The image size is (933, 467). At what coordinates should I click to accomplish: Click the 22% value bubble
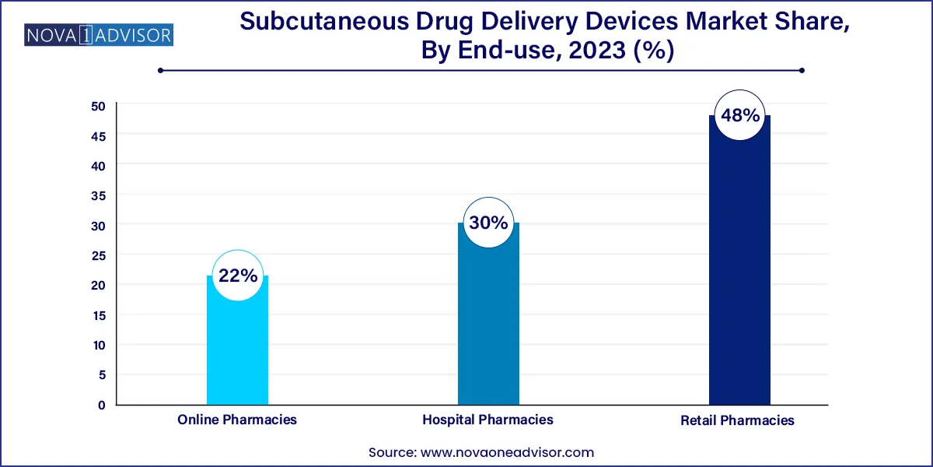[x=237, y=275]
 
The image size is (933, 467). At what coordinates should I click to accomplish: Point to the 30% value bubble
[x=488, y=223]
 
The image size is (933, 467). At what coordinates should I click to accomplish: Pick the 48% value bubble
[x=739, y=116]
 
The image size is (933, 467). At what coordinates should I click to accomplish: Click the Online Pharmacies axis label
[x=237, y=420]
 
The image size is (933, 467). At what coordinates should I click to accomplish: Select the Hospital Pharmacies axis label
[x=488, y=420]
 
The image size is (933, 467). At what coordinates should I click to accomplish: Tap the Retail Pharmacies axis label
[x=738, y=420]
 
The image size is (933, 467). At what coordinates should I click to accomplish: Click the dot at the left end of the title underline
[x=160, y=71]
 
